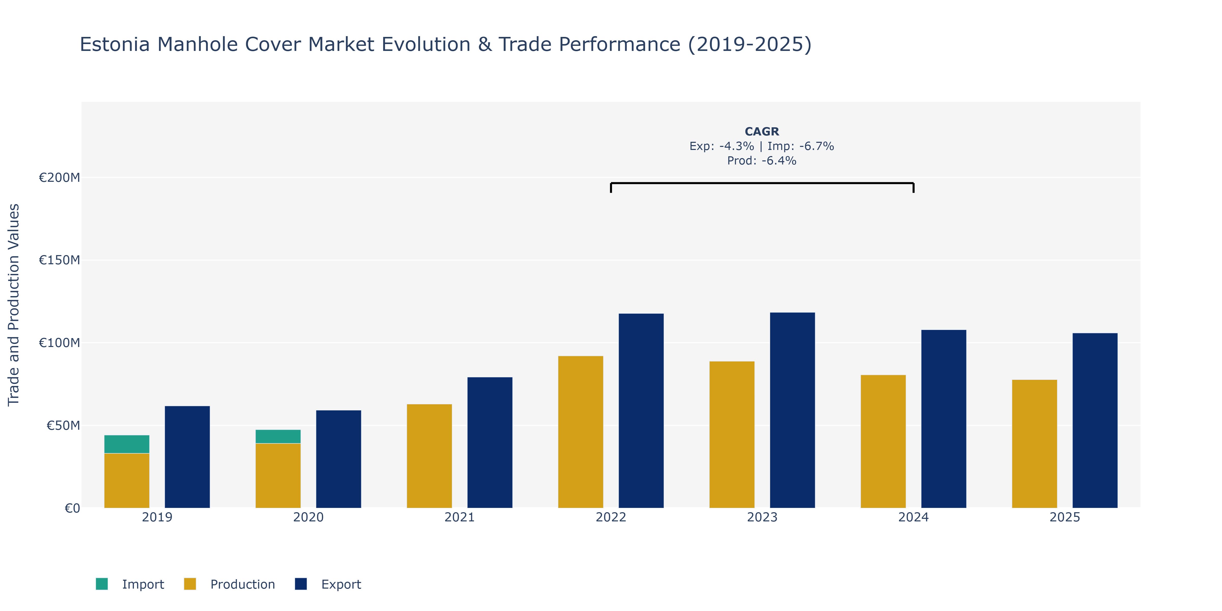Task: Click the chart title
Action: click(446, 45)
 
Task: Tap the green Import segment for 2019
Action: click(127, 444)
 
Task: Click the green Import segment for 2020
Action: click(278, 436)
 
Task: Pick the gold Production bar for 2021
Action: click(429, 456)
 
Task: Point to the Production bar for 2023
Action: click(732, 435)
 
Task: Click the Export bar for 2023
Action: click(792, 410)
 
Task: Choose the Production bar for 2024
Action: click(883, 442)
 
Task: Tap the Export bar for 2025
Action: click(1095, 421)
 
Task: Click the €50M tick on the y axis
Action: click(63, 425)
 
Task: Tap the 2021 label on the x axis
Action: click(459, 517)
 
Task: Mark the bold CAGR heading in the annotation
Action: click(762, 131)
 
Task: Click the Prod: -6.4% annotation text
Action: click(762, 161)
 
